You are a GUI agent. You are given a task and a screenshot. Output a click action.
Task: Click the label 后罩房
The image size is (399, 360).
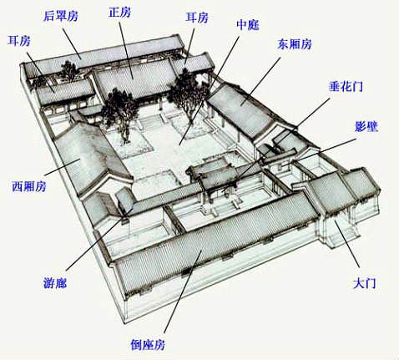coord(61,16)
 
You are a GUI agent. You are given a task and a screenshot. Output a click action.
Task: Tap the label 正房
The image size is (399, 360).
coord(119,13)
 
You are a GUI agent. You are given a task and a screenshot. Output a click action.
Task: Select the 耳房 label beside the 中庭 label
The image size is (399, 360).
coord(197,18)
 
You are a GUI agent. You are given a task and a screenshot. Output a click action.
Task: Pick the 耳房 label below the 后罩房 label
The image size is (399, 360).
coord(19,41)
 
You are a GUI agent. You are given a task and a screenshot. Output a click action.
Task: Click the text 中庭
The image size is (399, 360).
coord(248,25)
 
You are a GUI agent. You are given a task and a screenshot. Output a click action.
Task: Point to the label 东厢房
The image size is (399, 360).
coord(295,44)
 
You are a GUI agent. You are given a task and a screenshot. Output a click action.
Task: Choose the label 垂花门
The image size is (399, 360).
coord(346,87)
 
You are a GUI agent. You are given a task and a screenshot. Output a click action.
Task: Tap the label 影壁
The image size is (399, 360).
coord(366,127)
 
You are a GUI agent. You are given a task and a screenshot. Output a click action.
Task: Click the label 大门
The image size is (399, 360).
coord(365,283)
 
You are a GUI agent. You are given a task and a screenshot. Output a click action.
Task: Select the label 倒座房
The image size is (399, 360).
coord(148,345)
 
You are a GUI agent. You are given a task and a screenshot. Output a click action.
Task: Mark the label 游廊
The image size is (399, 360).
coord(55,283)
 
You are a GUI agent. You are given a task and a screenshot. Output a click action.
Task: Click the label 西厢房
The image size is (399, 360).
coord(29,186)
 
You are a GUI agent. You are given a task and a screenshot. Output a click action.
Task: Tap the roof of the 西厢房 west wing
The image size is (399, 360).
coord(89,159)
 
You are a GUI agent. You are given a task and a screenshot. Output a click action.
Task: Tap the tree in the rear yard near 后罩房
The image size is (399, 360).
coord(68,71)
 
